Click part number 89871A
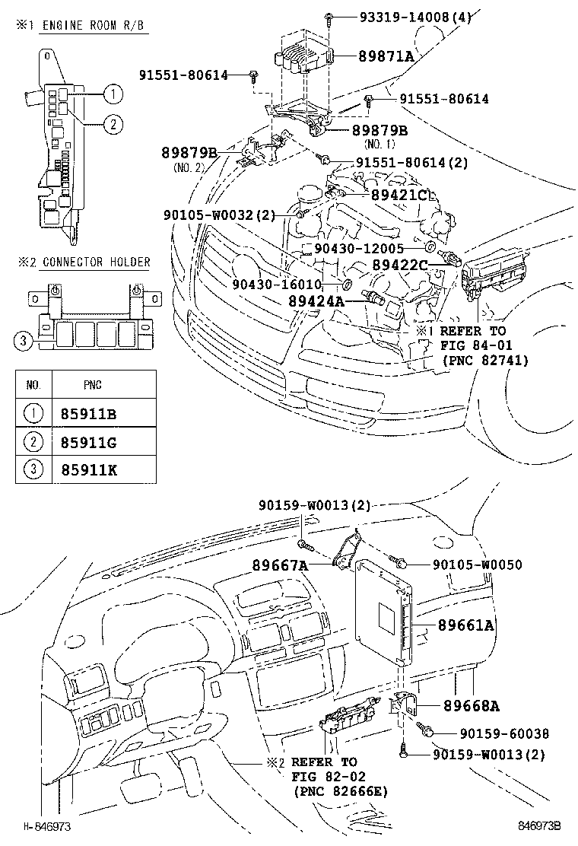pos(386,56)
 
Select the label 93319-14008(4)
pos(406,17)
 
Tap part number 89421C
pos(401,196)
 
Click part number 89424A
pos(316,301)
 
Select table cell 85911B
pos(89,415)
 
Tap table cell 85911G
pos(89,442)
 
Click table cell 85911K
pos(89,469)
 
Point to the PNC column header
pos(92,385)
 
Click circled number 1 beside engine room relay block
pos(112,94)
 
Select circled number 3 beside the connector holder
pos(24,342)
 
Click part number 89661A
pos(465,625)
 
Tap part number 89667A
pos(281,565)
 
